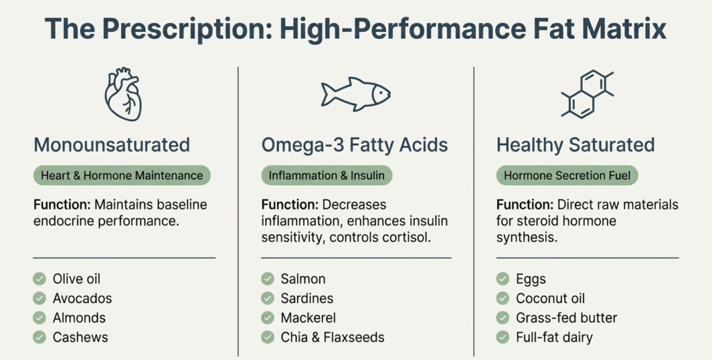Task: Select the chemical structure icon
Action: click(x=588, y=93)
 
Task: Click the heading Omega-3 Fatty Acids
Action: click(x=355, y=145)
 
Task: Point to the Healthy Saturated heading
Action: click(x=576, y=145)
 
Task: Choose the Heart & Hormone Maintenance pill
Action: click(x=122, y=175)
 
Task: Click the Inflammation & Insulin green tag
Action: click(x=327, y=175)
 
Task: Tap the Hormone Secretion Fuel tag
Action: click(x=568, y=175)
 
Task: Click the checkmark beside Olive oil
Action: click(x=40, y=279)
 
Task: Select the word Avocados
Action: click(x=82, y=299)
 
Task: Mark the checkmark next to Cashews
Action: click(x=40, y=338)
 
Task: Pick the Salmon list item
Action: click(x=303, y=279)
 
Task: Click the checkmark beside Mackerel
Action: click(x=268, y=318)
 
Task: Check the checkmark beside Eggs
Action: click(x=503, y=279)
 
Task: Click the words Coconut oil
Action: click(x=550, y=299)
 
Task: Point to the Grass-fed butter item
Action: click(x=566, y=318)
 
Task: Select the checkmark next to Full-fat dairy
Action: click(x=503, y=338)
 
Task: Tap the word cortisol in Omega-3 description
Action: click(x=417, y=236)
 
